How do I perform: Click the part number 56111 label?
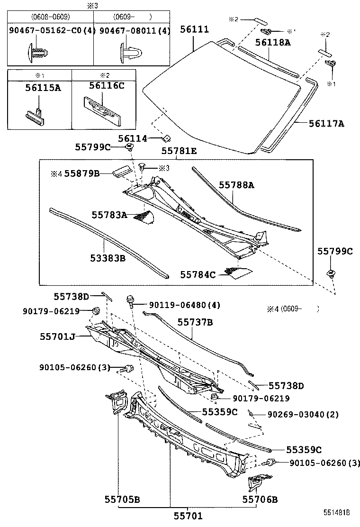click(194, 29)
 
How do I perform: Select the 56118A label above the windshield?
click(272, 42)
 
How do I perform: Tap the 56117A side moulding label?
click(326, 124)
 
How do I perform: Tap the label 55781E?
click(179, 151)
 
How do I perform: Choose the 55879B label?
click(82, 174)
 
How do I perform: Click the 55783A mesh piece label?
click(109, 215)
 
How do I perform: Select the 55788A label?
click(236, 185)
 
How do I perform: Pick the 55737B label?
click(195, 322)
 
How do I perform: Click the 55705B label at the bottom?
click(122, 499)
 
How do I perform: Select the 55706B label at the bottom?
click(260, 499)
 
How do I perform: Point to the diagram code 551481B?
click(337, 513)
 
